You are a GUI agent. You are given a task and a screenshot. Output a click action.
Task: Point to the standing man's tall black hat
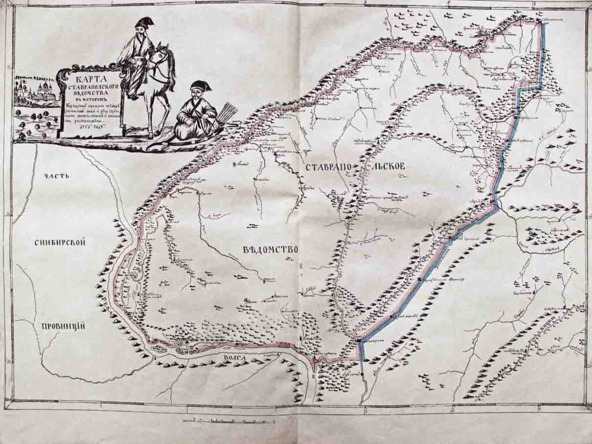[142, 23]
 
